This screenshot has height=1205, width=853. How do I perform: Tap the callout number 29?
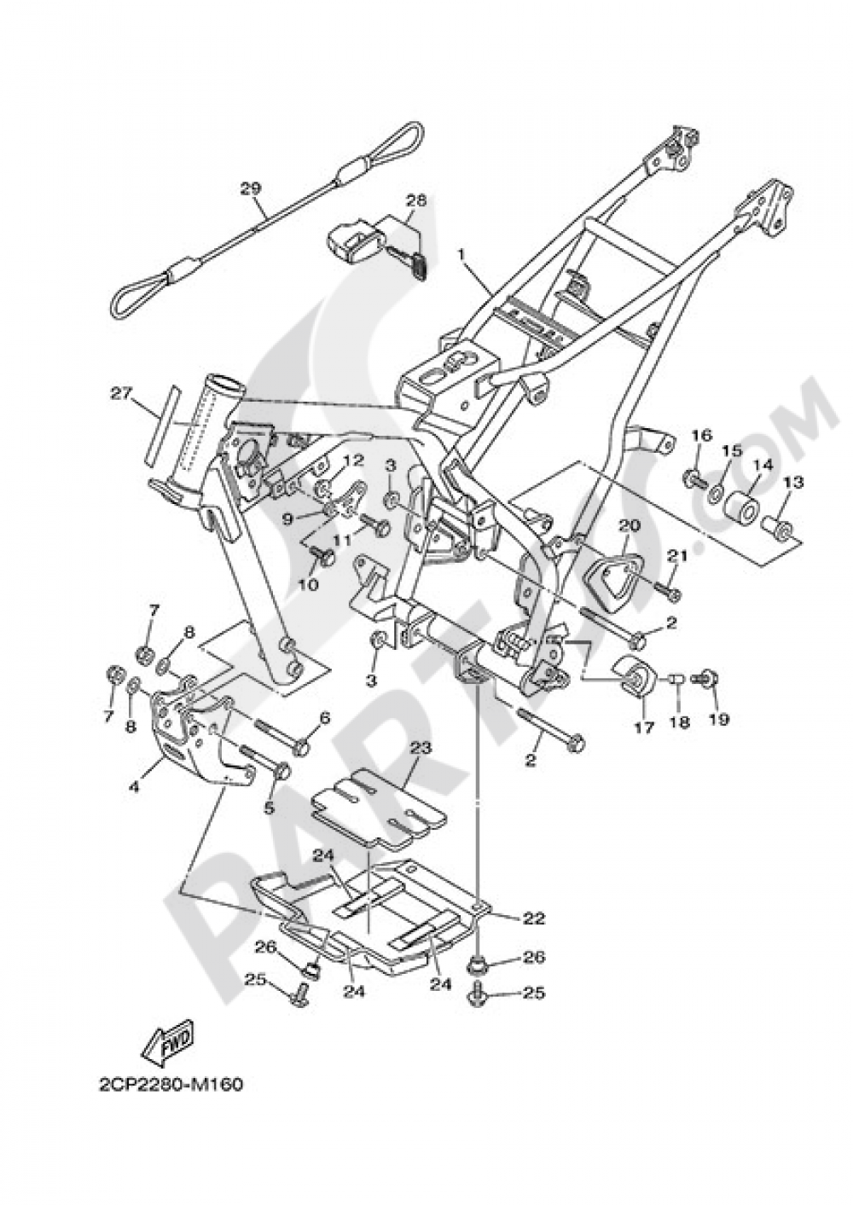249,188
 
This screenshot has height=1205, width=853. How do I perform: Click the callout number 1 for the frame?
461,255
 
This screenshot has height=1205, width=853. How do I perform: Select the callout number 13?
792,483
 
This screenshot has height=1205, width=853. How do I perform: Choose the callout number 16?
700,436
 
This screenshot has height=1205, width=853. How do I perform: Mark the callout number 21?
676,556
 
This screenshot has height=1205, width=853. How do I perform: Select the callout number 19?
719,719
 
